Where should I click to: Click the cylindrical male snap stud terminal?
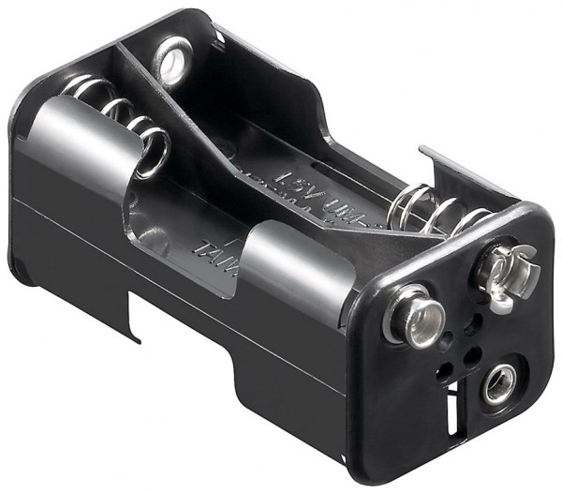[x=412, y=316]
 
